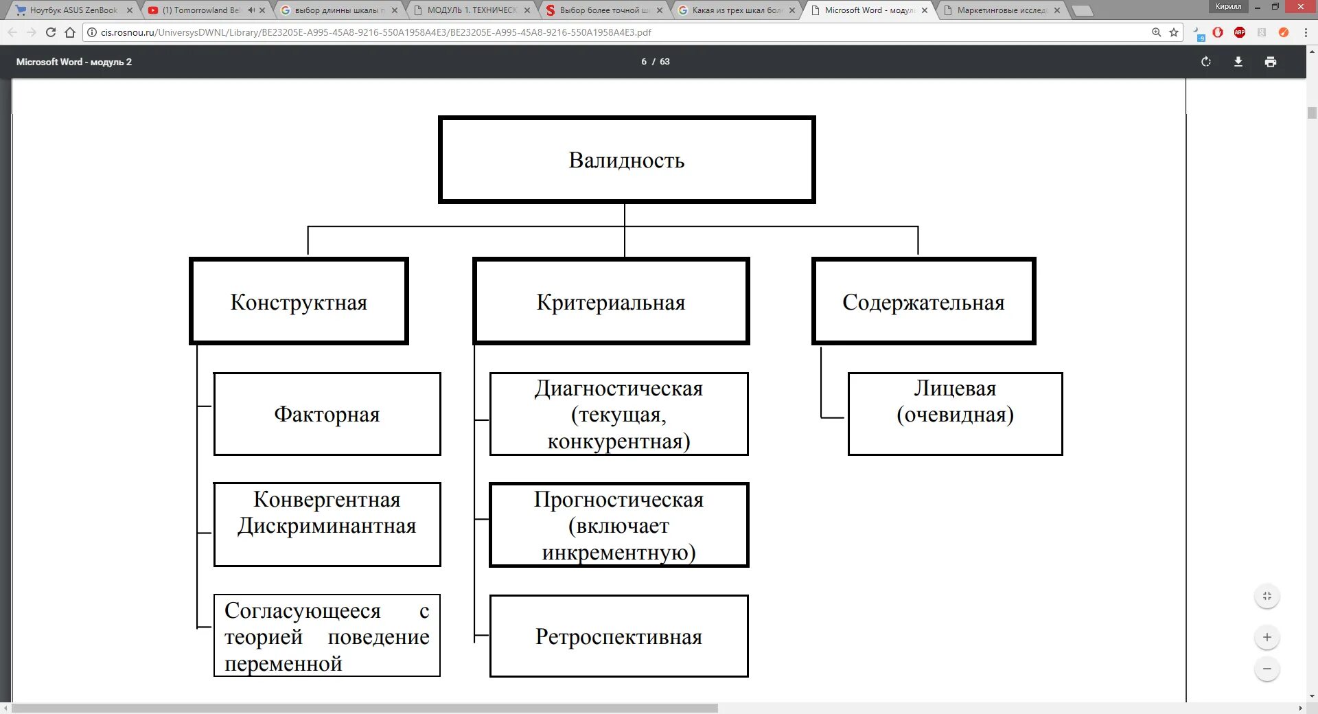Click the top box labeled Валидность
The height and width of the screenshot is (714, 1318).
[626, 160]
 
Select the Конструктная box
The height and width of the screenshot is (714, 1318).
[299, 302]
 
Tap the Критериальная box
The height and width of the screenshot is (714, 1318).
[610, 302]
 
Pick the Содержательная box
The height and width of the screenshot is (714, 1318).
[923, 302]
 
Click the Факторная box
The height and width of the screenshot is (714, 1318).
[327, 414]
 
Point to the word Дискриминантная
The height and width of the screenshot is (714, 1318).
[327, 526]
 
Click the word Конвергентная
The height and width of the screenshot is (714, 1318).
[327, 500]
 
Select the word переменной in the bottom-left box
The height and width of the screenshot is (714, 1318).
[283, 664]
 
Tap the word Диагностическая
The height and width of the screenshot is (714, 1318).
[618, 389]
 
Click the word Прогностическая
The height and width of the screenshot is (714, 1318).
[618, 500]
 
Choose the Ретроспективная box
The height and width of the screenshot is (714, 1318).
[618, 636]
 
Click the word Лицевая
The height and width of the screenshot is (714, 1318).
[955, 389]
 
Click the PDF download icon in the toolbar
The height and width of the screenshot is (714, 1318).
[1238, 62]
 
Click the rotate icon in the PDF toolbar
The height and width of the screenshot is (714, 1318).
[1206, 62]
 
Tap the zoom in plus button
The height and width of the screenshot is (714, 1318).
[1267, 637]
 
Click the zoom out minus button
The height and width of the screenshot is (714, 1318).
[1267, 669]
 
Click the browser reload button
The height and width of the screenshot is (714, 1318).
[51, 32]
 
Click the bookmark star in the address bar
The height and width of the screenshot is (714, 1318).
[1174, 32]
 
